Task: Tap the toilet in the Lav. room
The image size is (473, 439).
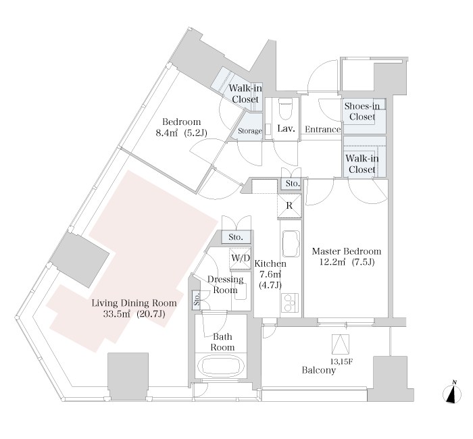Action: [286, 109]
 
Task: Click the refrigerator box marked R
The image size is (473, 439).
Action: [289, 205]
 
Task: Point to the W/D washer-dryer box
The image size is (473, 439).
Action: [240, 258]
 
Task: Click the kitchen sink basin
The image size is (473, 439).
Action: [291, 243]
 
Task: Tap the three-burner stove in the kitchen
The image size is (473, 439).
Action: [290, 303]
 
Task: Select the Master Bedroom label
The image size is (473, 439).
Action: [347, 251]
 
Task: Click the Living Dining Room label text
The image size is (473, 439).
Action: [134, 303]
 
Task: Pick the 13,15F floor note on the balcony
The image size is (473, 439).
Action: [341, 361]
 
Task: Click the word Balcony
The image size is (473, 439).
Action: [318, 370]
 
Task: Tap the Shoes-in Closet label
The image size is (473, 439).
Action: [362, 111]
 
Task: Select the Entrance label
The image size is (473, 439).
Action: [323, 130]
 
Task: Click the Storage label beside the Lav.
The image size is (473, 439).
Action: [250, 131]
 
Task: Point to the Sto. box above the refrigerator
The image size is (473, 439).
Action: [293, 183]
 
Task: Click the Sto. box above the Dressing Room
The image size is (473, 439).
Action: [236, 237]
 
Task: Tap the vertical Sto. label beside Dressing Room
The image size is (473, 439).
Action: [197, 299]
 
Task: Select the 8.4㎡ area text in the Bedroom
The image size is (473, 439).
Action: [166, 132]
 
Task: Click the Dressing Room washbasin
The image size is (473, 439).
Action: [241, 292]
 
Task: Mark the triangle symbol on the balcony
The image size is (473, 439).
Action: [341, 344]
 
